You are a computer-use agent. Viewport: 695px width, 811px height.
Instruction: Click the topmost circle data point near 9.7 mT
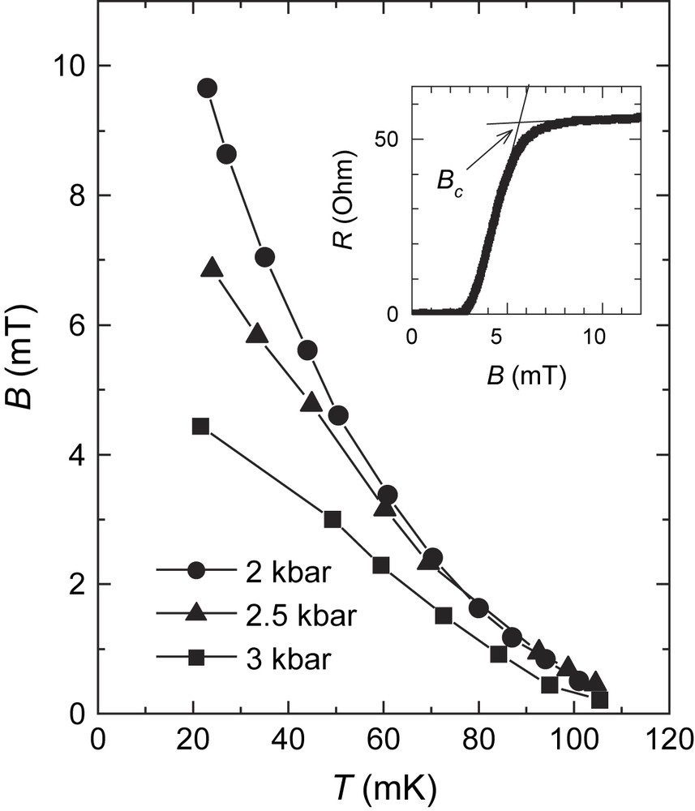[207, 88]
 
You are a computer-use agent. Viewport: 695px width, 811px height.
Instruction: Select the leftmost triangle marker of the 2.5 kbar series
[212, 268]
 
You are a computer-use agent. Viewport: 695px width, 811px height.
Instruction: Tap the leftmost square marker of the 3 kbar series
[201, 426]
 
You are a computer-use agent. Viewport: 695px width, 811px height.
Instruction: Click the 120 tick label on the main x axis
[668, 740]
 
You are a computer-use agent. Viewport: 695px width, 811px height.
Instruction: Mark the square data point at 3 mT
[332, 520]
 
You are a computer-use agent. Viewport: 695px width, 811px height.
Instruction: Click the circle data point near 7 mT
[264, 258]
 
